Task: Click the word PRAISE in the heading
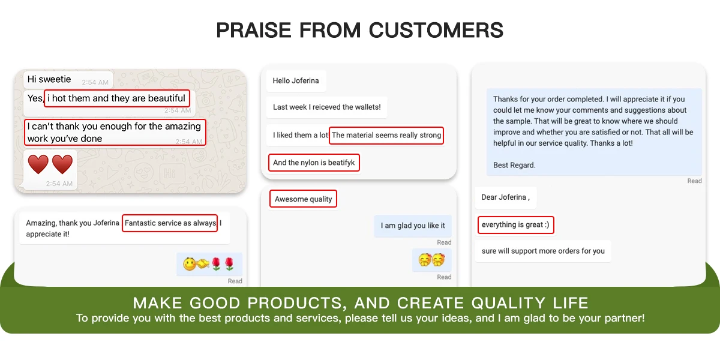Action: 253,30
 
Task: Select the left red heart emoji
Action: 38,164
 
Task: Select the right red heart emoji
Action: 62,164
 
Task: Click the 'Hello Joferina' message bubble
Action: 296,80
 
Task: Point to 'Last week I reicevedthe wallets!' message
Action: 327,107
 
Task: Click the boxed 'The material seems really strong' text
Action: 386,136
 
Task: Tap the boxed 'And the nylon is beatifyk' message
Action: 314,163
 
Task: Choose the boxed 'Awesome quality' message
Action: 303,199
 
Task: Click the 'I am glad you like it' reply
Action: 413,226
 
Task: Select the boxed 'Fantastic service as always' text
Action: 170,223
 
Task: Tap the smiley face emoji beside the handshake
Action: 190,264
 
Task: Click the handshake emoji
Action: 203,264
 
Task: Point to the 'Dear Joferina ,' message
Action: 506,197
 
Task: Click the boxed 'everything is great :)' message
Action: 515,224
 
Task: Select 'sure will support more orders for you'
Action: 543,251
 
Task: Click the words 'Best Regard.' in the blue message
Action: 514,165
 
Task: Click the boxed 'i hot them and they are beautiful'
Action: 116,98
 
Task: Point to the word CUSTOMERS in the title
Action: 436,30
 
